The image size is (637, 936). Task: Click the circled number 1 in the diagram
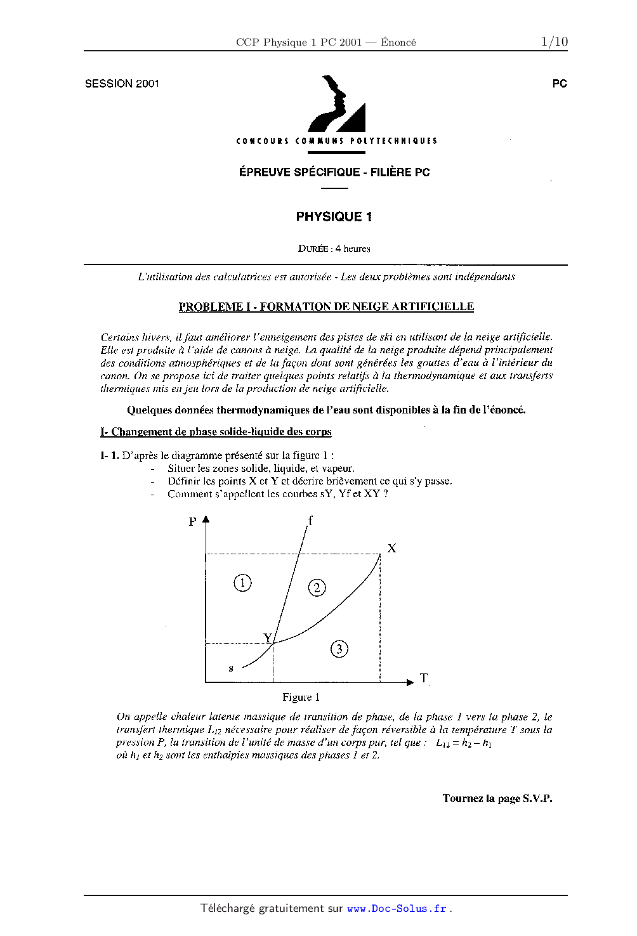point(242,582)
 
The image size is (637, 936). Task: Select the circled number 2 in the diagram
point(317,588)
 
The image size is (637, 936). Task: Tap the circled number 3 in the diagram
point(339,649)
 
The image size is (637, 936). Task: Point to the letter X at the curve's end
point(391,549)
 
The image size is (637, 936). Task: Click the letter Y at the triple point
point(267,638)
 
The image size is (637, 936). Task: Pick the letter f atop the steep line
point(310,521)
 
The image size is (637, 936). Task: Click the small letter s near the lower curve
point(231,668)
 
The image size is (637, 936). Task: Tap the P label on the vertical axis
point(193,522)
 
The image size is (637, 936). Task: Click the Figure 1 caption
point(301,698)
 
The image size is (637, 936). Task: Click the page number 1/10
point(554,42)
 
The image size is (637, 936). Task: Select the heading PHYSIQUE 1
point(334,217)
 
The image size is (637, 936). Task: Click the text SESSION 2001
point(122,84)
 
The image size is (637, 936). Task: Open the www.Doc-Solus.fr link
point(397,909)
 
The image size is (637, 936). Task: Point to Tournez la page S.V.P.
point(497,798)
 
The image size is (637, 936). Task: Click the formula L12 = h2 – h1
point(464,743)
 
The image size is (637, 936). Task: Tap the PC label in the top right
point(559,84)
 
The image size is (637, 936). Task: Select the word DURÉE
point(313,249)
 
